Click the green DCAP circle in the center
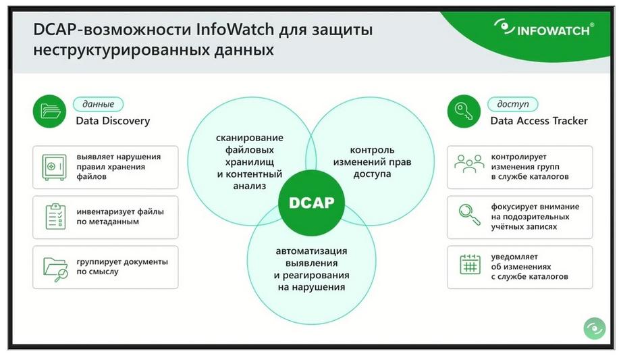pyautogui.click(x=311, y=203)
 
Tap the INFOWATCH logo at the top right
pyautogui.click(x=544, y=28)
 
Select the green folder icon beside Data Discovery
pyautogui.click(x=49, y=111)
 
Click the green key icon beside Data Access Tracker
pyautogui.click(x=464, y=111)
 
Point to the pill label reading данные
pyautogui.click(x=99, y=104)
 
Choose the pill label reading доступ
pyautogui.click(x=513, y=104)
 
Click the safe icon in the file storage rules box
pyautogui.click(x=54, y=168)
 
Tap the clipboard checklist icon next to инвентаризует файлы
pyautogui.click(x=55, y=217)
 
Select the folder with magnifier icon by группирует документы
pyautogui.click(x=55, y=269)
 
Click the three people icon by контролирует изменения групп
pyautogui.click(x=469, y=163)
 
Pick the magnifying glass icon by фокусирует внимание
pyautogui.click(x=470, y=215)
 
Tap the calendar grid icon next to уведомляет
pyautogui.click(x=470, y=264)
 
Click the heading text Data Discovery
pyautogui.click(x=113, y=121)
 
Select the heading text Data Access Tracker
pyautogui.click(x=539, y=121)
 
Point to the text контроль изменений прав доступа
pyautogui.click(x=372, y=161)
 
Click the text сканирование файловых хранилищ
pyautogui.click(x=250, y=150)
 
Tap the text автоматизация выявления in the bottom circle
pyautogui.click(x=311, y=257)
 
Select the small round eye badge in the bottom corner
pyautogui.click(x=595, y=328)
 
